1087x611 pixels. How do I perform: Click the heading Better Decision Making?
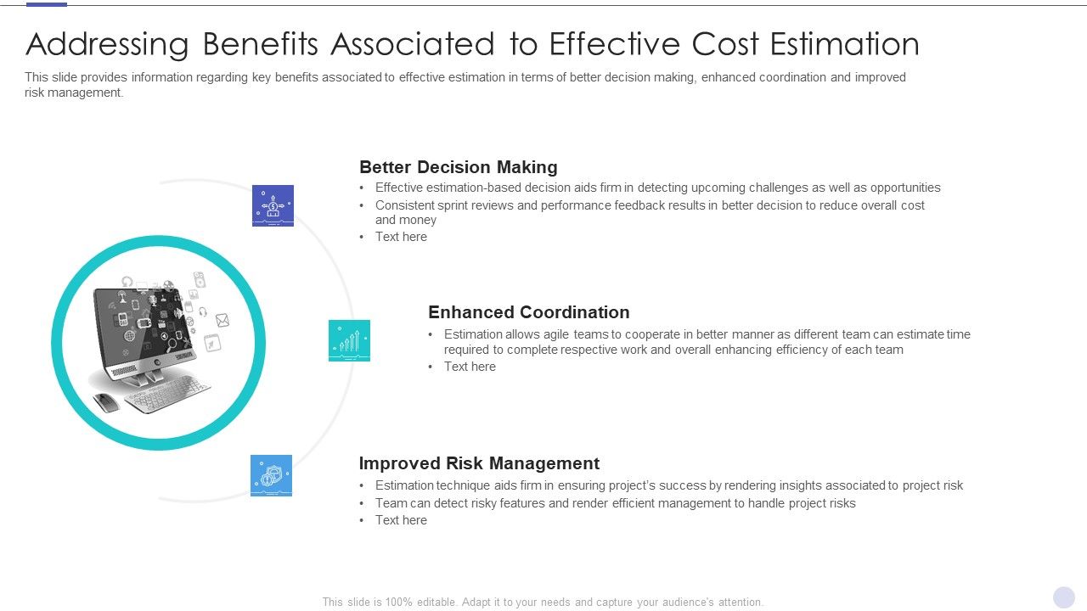click(x=458, y=167)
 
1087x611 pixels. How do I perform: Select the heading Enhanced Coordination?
click(x=528, y=312)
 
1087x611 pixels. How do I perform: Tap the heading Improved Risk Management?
click(x=479, y=463)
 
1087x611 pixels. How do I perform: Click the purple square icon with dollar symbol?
click(x=273, y=205)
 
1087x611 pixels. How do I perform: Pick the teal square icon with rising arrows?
click(x=349, y=340)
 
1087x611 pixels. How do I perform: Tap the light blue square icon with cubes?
click(x=271, y=475)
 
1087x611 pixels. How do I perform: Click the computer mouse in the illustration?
click(x=106, y=402)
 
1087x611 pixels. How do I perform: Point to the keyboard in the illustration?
click(x=166, y=394)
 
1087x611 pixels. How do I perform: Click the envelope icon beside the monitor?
click(x=222, y=320)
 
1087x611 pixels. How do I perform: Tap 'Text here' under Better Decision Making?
click(x=401, y=237)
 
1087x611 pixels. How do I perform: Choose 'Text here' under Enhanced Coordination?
click(x=470, y=367)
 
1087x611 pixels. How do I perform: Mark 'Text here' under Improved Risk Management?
click(x=401, y=520)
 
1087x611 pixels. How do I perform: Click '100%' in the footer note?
click(x=399, y=603)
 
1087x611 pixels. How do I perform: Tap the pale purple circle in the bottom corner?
click(x=1064, y=597)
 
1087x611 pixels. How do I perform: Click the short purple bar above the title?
click(x=47, y=4)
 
